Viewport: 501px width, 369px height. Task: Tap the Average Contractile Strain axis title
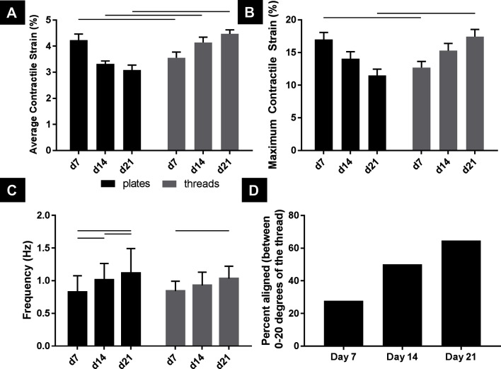(x=31, y=85)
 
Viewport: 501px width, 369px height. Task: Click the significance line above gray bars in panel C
(x=202, y=231)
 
